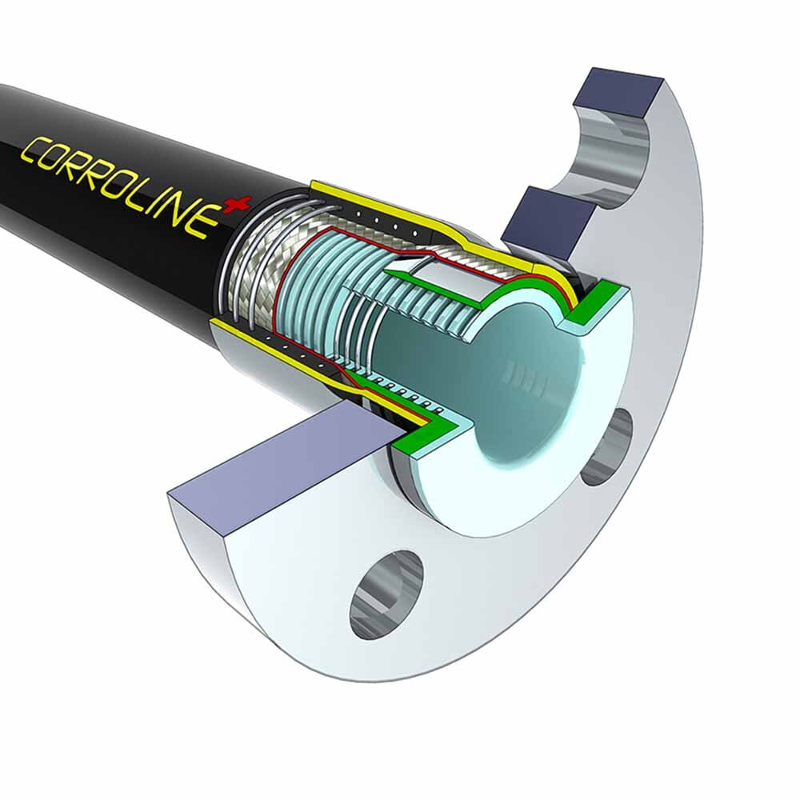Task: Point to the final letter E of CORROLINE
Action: coord(205,221)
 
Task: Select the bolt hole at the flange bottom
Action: coord(386,594)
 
